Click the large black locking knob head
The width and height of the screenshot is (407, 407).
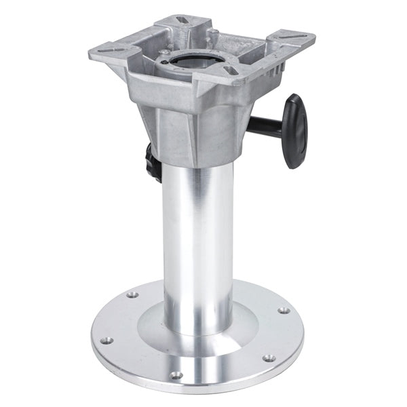pos(296,130)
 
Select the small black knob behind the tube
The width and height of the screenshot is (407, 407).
pos(150,161)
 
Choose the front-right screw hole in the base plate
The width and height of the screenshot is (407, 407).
pos(269,357)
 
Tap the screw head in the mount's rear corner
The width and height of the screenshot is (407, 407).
pos(214,31)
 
